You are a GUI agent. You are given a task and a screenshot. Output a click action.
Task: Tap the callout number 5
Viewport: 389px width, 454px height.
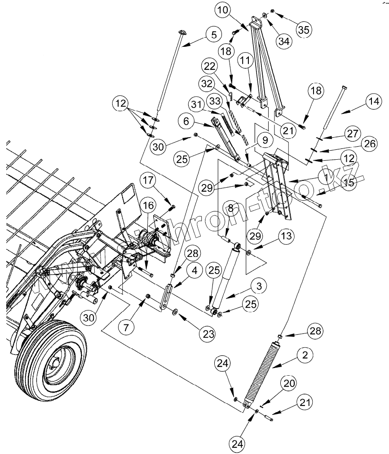[213, 34]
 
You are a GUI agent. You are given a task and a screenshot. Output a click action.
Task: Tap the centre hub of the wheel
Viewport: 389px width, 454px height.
[55, 360]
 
